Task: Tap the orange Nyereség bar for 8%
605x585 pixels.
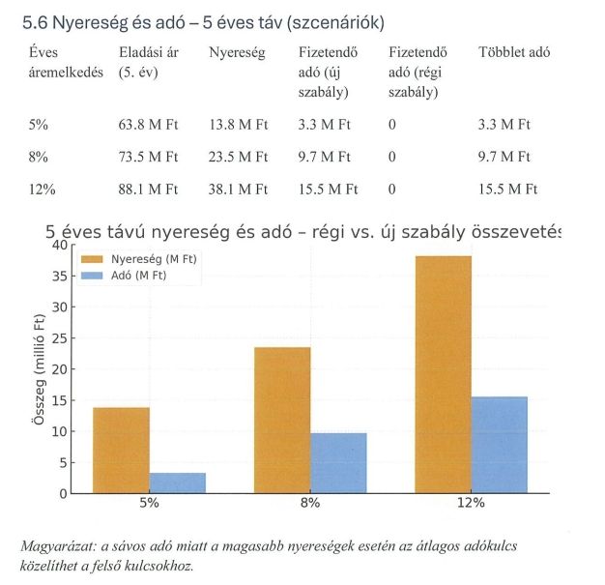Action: point(282,420)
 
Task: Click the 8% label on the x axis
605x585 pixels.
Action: point(310,504)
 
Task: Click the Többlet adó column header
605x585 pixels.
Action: point(513,53)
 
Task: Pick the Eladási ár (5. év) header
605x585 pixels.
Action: point(149,62)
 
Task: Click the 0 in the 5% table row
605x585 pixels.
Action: point(391,124)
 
